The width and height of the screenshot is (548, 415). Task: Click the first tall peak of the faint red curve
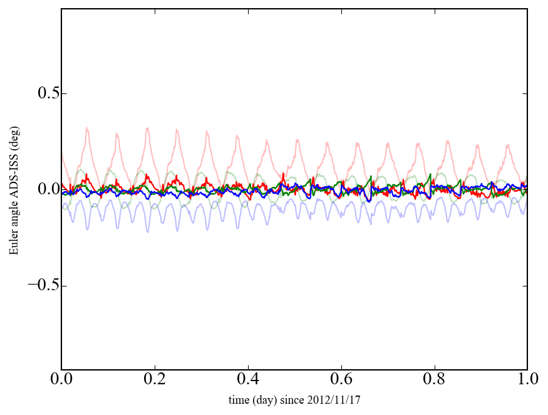click(x=87, y=128)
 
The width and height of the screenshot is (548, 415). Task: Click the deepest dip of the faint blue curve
click(x=148, y=232)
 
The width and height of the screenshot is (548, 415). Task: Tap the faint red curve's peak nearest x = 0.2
click(x=147, y=128)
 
